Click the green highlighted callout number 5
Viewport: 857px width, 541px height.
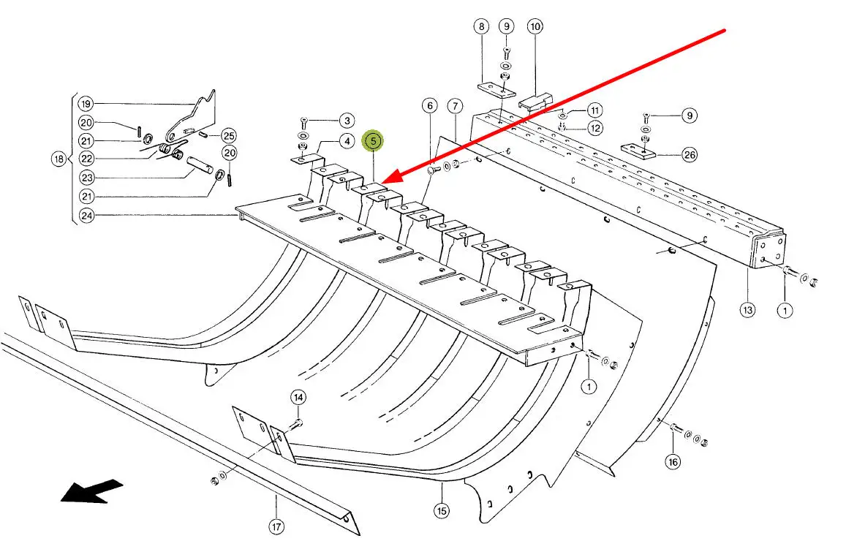click(373, 140)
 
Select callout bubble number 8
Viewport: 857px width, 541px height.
click(480, 28)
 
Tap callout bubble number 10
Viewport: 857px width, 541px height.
click(535, 28)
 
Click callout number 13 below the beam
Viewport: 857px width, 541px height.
click(747, 310)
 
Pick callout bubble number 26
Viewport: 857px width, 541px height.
click(689, 154)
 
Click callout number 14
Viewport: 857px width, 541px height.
click(298, 398)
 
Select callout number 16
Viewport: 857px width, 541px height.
click(673, 461)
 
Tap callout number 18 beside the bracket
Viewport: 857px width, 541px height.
click(59, 159)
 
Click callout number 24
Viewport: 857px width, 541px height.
click(86, 216)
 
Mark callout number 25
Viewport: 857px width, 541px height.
click(229, 136)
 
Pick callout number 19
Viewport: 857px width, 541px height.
click(86, 103)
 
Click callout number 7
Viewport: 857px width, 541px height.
click(455, 107)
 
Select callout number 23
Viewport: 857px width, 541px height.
click(86, 178)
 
